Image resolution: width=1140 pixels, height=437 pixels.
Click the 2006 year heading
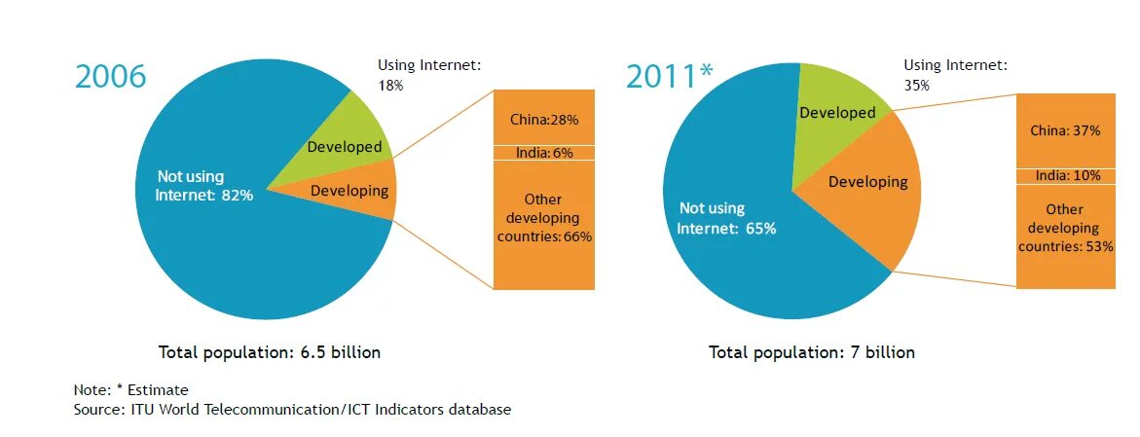pyautogui.click(x=110, y=77)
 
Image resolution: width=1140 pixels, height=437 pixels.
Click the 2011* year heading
pyautogui.click(x=669, y=76)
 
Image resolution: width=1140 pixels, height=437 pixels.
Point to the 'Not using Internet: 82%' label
pyautogui.click(x=204, y=186)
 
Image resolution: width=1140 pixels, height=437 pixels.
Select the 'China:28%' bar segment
pyautogui.click(x=544, y=120)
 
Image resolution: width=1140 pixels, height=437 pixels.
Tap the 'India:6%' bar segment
pyautogui.click(x=544, y=153)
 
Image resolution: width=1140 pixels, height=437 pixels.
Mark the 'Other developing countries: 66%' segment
pyautogui.click(x=544, y=219)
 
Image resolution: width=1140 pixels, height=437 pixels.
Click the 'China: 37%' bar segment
pyautogui.click(x=1065, y=129)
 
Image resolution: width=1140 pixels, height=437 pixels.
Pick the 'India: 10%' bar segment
pyautogui.click(x=1065, y=176)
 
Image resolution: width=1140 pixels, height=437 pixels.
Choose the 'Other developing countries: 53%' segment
pyautogui.click(x=1065, y=229)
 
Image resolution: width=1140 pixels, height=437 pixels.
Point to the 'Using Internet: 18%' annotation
pyautogui.click(x=429, y=75)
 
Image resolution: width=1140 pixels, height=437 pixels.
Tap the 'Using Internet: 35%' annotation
pyautogui.click(x=955, y=75)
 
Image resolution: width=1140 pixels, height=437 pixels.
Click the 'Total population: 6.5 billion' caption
pyautogui.click(x=270, y=352)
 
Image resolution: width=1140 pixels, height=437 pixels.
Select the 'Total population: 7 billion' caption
pyautogui.click(x=812, y=352)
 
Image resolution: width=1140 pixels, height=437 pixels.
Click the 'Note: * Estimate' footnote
pyautogui.click(x=131, y=389)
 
